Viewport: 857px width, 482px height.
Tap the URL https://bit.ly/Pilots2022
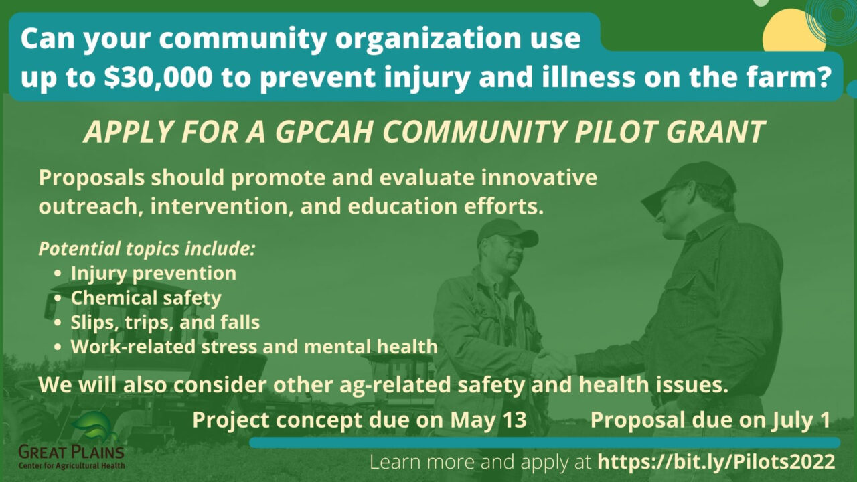pyautogui.click(x=716, y=462)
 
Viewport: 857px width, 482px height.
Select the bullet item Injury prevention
pyautogui.click(x=153, y=273)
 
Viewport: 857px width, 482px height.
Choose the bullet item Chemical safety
pyautogui.click(x=146, y=297)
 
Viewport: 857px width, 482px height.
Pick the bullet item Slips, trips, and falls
pyautogui.click(x=165, y=322)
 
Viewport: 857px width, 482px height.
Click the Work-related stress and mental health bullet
pyautogui.click(x=254, y=347)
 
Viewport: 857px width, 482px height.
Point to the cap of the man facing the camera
pyautogui.click(x=507, y=232)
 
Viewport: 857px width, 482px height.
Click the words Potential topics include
pyautogui.click(x=147, y=248)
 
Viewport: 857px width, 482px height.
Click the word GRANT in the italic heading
pyautogui.click(x=720, y=132)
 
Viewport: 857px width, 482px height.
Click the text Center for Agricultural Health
pyautogui.click(x=71, y=465)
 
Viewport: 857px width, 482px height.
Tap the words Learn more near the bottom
pyautogui.click(x=408, y=462)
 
